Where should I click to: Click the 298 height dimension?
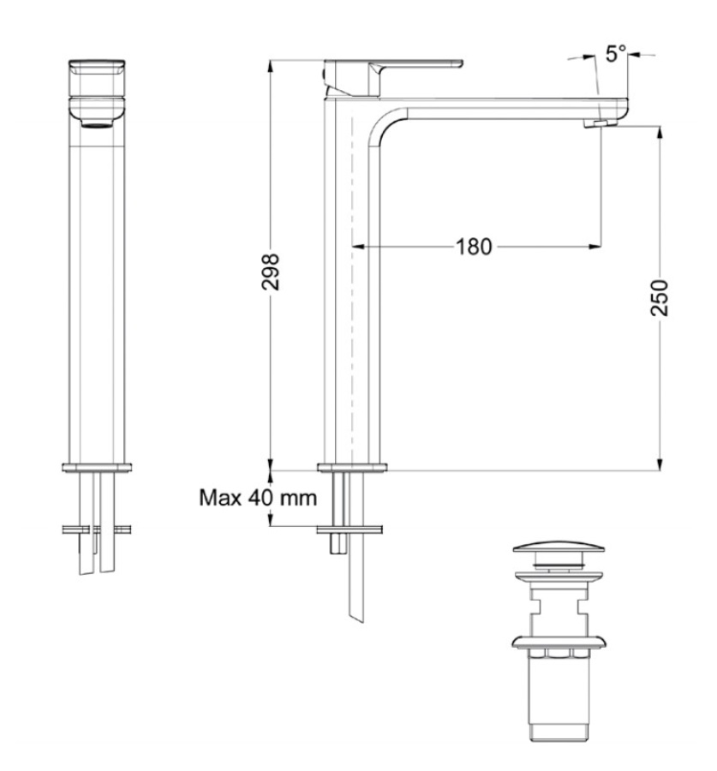point(270,272)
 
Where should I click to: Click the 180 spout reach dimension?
point(474,247)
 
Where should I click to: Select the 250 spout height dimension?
point(659,297)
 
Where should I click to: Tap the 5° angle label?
point(616,53)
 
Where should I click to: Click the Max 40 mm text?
point(258,498)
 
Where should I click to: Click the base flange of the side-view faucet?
point(352,467)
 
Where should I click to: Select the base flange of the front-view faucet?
point(97,467)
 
